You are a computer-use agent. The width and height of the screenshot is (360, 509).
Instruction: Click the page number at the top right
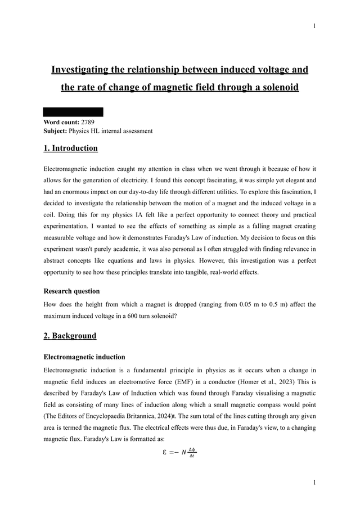(314, 26)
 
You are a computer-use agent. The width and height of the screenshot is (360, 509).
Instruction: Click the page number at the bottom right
(314, 483)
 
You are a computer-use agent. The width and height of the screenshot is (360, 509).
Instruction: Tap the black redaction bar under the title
(73, 112)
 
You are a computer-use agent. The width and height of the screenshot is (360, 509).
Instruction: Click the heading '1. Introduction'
(70, 148)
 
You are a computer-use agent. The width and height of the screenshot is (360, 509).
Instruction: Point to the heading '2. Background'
(70, 336)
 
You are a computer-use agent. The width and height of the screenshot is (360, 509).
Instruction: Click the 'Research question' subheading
(71, 291)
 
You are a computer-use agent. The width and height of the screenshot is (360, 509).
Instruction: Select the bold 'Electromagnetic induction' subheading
(84, 357)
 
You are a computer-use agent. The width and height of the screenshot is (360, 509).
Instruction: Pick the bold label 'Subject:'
(55, 131)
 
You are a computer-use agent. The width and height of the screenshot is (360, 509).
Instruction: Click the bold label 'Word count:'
(61, 122)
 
